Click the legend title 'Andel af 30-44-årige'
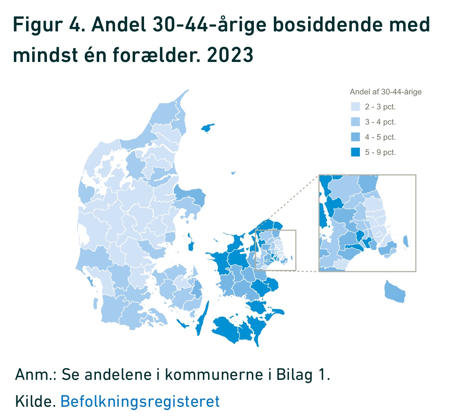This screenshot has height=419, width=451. coord(385,92)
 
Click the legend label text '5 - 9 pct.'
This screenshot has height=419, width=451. coord(380,152)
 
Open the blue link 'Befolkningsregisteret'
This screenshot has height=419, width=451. coord(140,401)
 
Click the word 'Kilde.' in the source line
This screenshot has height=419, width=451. coord(35,401)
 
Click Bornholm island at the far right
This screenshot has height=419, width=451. coord(395,292)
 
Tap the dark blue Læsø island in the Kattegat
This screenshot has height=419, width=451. coord(208,128)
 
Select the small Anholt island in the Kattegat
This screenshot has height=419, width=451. coord(233,173)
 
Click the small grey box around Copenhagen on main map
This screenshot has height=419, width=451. coord(275,249)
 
